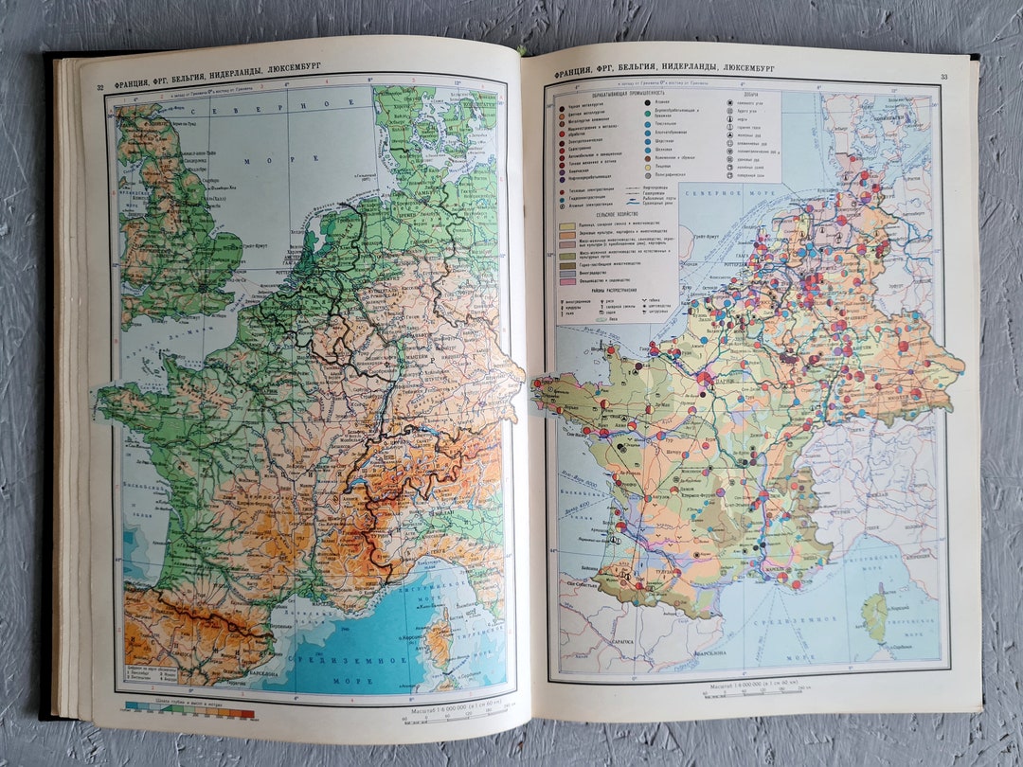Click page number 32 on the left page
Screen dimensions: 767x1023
pos(100,89)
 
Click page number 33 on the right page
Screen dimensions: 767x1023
pos(942,77)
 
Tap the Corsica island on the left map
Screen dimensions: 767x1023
pos(439,639)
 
